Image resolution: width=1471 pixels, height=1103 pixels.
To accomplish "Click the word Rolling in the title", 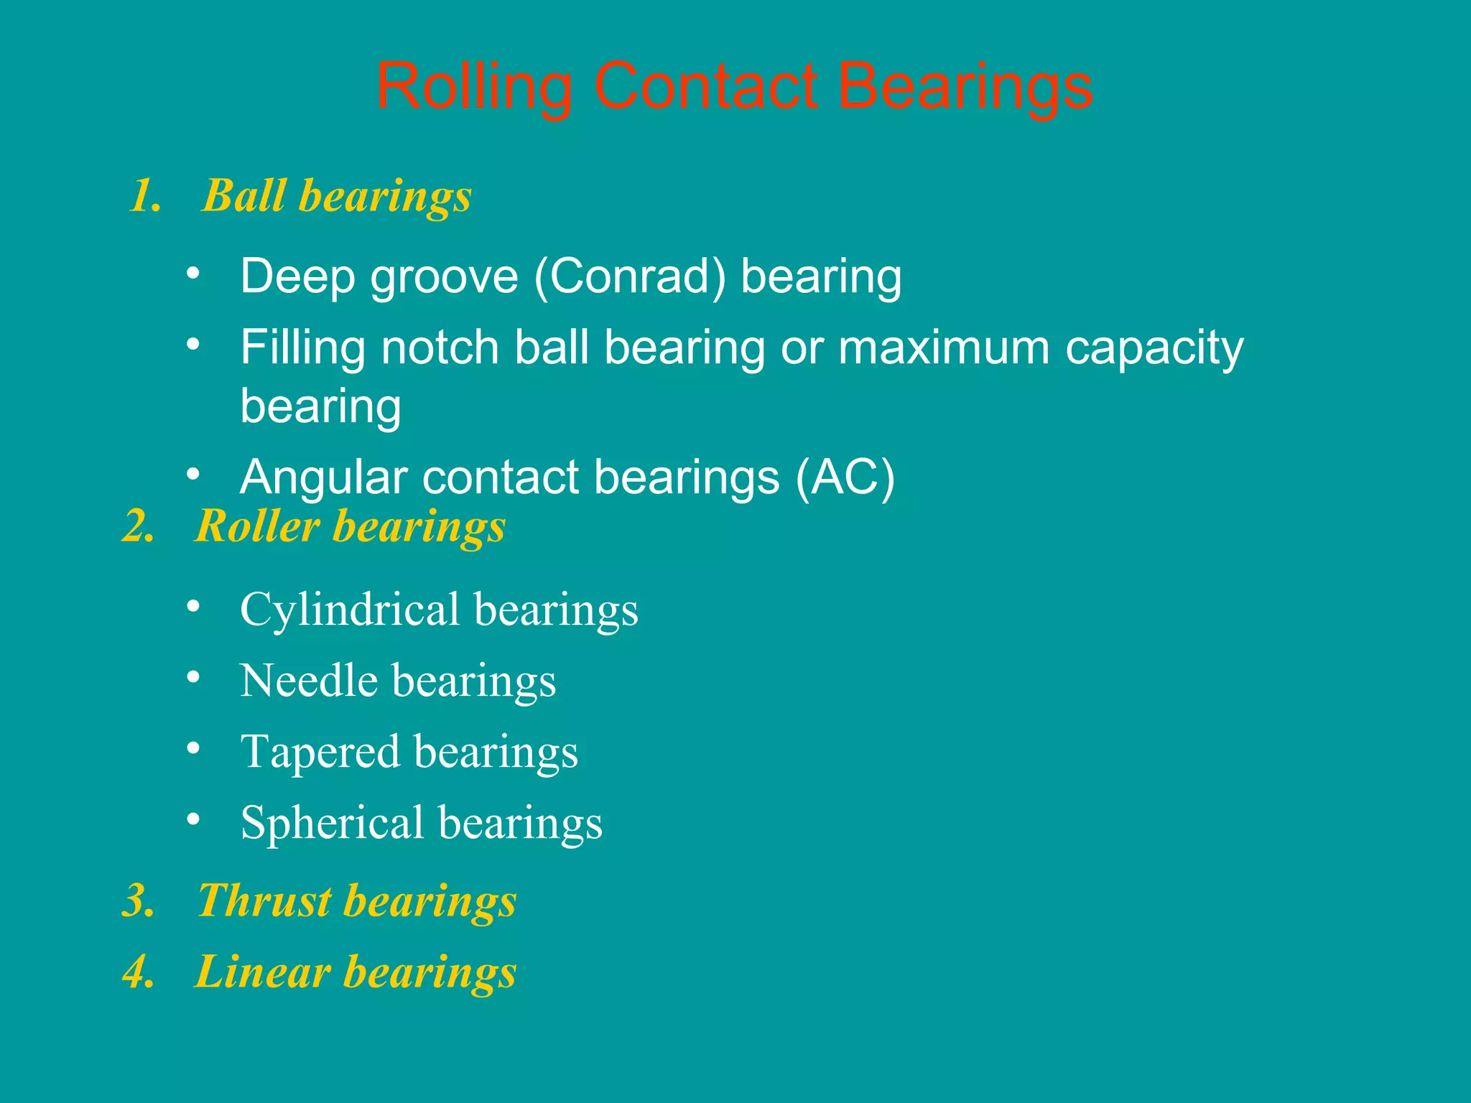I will coord(474,88).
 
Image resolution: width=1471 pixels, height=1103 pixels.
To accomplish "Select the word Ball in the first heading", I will coord(244,195).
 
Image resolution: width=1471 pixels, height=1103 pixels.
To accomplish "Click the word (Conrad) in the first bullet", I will coord(629,277).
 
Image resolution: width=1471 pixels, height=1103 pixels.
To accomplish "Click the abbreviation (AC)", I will coord(845,478).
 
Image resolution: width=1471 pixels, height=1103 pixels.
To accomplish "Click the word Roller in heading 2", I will coord(256,526).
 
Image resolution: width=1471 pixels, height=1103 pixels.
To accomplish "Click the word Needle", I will coord(309,681).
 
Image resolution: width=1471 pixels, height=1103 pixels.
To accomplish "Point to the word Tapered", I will coord(320,753).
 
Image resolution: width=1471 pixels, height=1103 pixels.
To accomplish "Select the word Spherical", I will coord(333,824).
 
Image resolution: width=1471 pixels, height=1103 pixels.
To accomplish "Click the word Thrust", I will coord(264,900).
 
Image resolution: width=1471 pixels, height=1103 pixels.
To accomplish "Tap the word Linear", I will coord(262,972).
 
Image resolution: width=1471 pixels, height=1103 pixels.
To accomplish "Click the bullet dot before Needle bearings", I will coord(192,677).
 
